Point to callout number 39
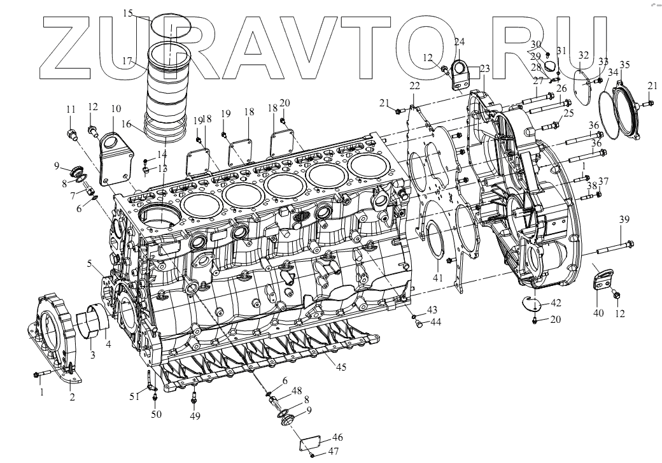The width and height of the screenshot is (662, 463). click(624, 220)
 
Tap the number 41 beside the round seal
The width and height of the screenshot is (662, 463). click(438, 278)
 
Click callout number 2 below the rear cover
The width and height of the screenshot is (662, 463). click(72, 397)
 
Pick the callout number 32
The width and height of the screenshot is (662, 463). click(584, 56)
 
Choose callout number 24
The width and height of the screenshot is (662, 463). click(459, 42)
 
